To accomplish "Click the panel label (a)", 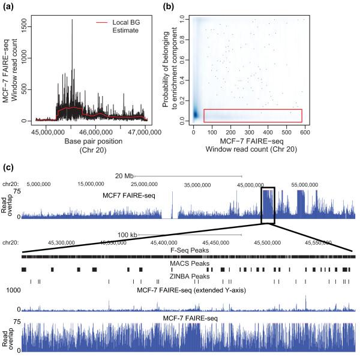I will point(8,5).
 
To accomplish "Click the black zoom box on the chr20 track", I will point(268,205).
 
